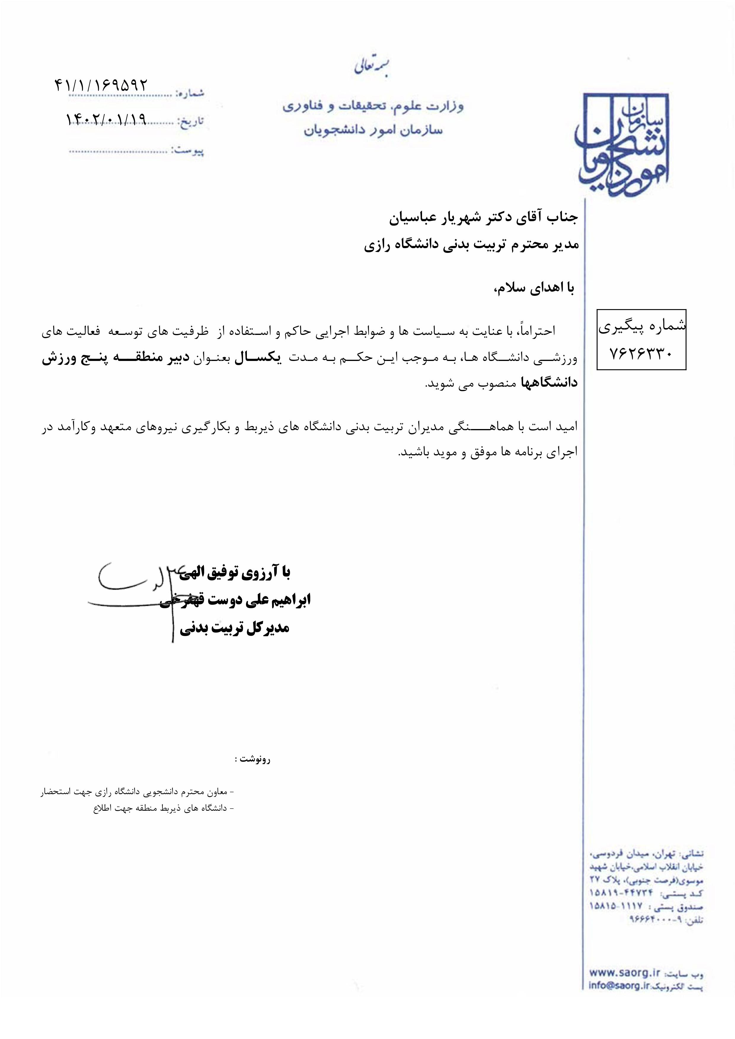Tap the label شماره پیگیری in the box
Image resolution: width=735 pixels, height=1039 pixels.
[x=642, y=327]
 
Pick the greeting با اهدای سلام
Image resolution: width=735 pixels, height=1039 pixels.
[x=534, y=288]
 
